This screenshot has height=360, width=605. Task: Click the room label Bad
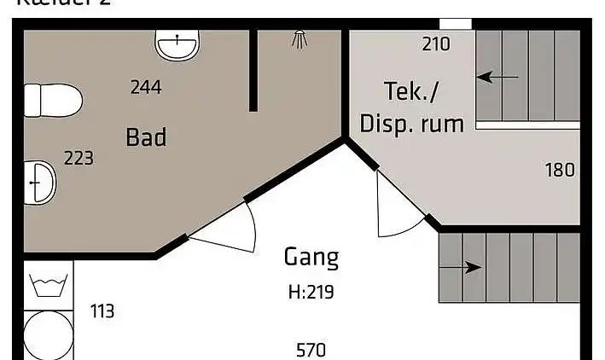145,136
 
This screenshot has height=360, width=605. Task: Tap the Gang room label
311,257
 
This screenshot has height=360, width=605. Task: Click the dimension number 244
145,86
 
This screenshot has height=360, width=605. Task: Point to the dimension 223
79,159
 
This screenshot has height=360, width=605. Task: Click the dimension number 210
435,44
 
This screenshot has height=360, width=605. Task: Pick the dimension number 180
560,170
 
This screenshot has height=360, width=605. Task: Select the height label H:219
311,293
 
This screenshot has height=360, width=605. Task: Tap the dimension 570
311,350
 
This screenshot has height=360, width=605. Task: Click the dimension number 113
102,311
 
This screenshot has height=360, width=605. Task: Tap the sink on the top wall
177,44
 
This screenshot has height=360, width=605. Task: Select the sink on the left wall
39,181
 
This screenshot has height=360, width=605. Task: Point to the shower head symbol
300,38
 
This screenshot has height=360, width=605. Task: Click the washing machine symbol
43,284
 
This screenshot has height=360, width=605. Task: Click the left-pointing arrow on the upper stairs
497,78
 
